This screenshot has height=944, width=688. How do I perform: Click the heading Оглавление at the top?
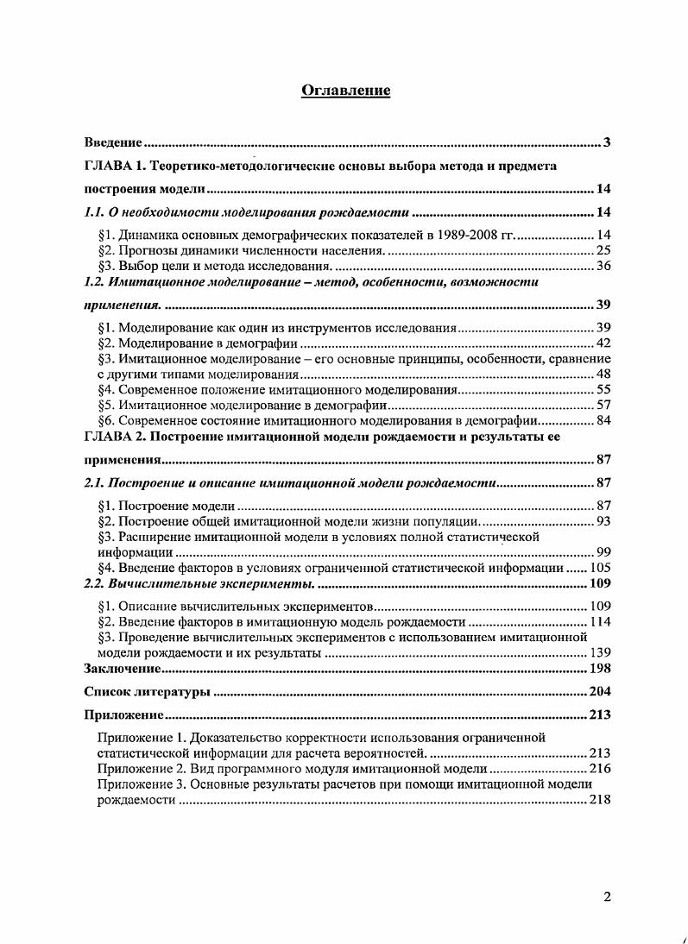click(x=345, y=91)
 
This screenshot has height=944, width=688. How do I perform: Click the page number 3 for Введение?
click(x=607, y=142)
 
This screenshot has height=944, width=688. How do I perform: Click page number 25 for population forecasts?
click(x=603, y=250)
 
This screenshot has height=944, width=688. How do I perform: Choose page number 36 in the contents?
click(x=603, y=265)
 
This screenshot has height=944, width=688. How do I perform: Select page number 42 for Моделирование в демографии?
click(x=603, y=343)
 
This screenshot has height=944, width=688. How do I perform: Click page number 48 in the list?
click(x=603, y=374)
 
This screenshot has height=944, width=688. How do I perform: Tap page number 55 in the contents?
click(x=603, y=390)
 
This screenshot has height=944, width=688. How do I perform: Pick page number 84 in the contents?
click(x=603, y=420)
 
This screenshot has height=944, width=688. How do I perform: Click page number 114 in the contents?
click(x=600, y=622)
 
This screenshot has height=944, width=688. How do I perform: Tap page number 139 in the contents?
click(x=600, y=653)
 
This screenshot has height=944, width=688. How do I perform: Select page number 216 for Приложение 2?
click(x=600, y=768)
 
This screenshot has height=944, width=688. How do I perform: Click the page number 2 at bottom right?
click(x=607, y=897)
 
